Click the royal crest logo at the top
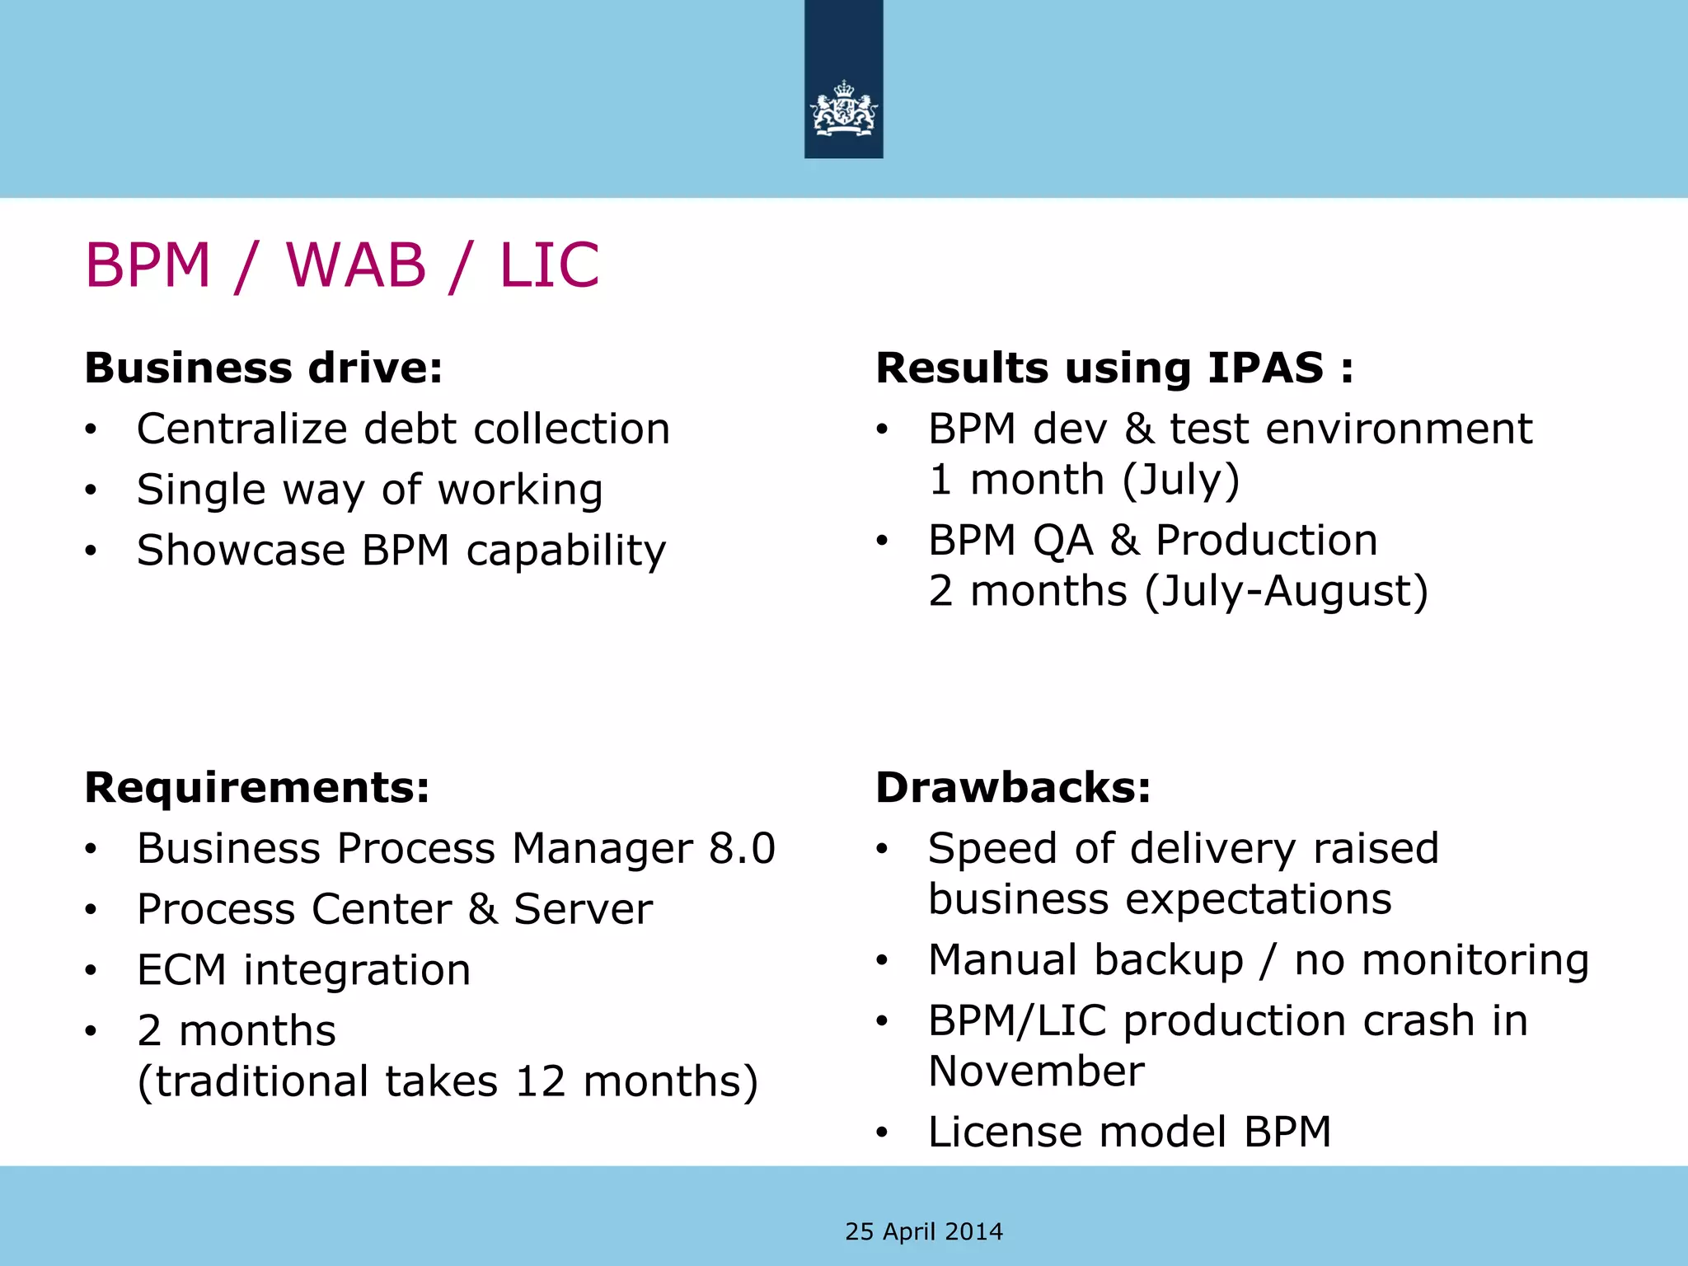(x=843, y=109)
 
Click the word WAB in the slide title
(x=355, y=265)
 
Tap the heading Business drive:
(x=264, y=368)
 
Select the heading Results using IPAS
(x=1114, y=368)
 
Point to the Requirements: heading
(x=257, y=787)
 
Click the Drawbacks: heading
(x=1013, y=787)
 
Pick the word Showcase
(x=241, y=550)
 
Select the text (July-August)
(x=1286, y=591)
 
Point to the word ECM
(x=181, y=970)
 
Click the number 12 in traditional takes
(x=541, y=1081)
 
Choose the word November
(x=1036, y=1071)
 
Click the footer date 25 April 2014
(x=924, y=1231)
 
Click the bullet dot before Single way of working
(x=91, y=490)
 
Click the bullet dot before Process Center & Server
(x=91, y=910)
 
